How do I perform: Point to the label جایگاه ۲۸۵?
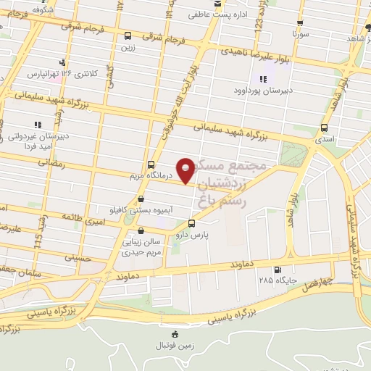pos(270,280)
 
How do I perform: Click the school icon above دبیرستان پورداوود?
pos(262,80)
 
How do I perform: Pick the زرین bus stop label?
pos(128,46)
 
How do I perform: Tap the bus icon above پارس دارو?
pos(191,223)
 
